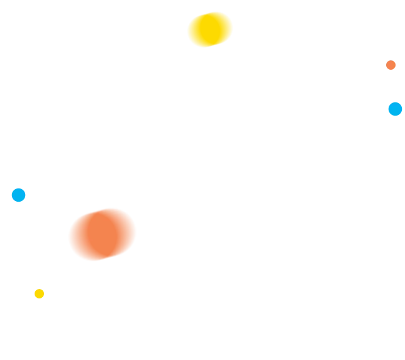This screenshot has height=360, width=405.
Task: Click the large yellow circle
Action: [209, 30]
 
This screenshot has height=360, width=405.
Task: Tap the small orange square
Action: [391, 65]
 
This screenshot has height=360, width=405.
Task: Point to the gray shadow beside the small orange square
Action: [384, 65]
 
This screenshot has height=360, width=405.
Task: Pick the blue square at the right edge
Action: [395, 108]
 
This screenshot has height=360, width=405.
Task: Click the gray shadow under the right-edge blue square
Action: [397, 118]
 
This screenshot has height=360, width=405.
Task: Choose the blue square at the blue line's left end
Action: [18, 194]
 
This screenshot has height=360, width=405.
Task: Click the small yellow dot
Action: [40, 293]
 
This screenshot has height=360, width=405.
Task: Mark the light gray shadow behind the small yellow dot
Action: [33, 290]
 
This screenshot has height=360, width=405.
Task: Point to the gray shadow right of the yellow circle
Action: [234, 28]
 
